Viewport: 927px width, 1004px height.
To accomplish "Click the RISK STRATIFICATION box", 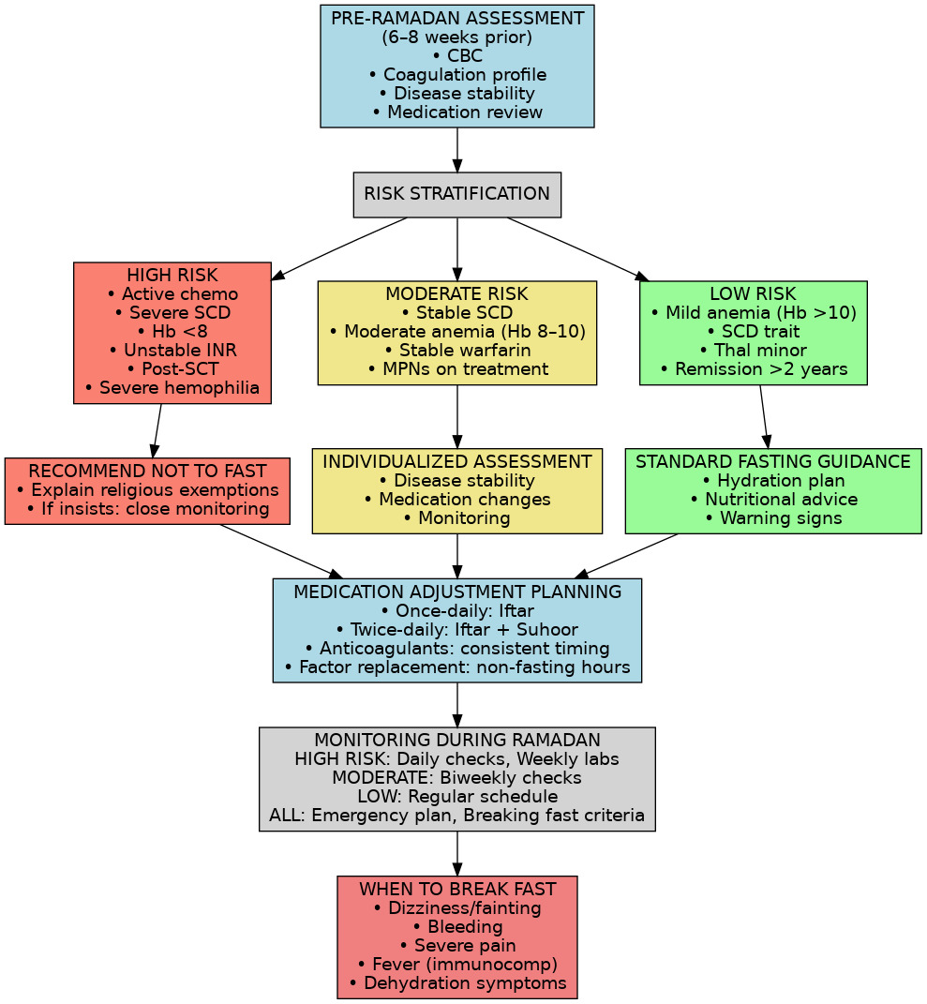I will [456, 194].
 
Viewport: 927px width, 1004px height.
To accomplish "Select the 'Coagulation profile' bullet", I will [456, 75].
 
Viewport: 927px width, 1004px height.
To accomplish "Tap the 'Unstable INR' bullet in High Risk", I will [172, 351].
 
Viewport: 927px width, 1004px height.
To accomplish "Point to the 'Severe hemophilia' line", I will [172, 388].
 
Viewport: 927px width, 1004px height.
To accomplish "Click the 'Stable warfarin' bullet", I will [456, 351].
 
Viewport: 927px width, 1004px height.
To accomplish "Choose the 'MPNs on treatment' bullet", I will [456, 369].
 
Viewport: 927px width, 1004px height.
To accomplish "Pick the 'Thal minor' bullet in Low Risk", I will [753, 351].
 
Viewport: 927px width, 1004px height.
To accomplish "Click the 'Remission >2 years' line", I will [753, 369].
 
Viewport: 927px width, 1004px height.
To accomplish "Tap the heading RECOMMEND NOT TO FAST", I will [147, 472].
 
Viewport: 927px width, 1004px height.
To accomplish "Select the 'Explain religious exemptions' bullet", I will [147, 490].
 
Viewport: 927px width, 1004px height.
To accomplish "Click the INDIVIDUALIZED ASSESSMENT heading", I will [456, 462].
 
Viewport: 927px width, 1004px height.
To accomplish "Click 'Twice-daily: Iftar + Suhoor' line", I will [456, 630].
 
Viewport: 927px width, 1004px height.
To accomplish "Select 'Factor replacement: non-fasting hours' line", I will [456, 667].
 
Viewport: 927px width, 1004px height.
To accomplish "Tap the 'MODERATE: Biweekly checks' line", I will [456, 778].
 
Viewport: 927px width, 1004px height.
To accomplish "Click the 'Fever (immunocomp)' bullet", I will [456, 965].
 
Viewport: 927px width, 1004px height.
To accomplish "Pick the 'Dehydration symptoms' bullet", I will [456, 983].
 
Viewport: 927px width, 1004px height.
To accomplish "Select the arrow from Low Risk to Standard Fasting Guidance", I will [764, 416].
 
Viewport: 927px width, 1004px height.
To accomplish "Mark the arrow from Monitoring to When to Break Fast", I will [456, 853].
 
